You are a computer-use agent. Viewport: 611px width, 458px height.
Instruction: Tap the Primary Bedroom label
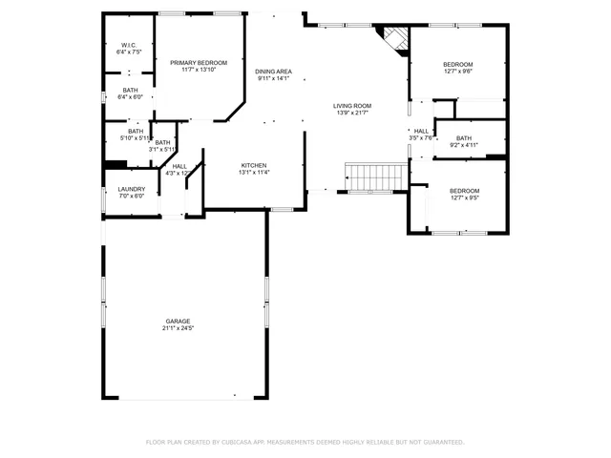(199, 62)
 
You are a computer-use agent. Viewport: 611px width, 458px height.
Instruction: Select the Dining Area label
(273, 72)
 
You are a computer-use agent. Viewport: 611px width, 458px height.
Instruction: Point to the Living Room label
(351, 105)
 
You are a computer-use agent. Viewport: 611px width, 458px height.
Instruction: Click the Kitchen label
(253, 165)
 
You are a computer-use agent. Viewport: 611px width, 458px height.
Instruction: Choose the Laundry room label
(131, 189)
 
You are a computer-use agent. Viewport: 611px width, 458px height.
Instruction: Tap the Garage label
(178, 321)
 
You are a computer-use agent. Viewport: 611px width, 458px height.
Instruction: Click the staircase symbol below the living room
(374, 177)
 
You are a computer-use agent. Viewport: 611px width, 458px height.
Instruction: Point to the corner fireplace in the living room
(392, 39)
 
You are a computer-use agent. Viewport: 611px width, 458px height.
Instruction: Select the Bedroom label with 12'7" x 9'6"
(458, 64)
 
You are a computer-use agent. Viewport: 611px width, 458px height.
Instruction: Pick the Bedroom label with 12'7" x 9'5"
(465, 191)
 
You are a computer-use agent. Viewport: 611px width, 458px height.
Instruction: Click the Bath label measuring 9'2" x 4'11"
(463, 138)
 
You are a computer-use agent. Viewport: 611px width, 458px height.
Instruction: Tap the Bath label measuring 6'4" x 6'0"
(130, 90)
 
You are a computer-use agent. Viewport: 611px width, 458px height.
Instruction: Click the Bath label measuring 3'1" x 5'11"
(163, 142)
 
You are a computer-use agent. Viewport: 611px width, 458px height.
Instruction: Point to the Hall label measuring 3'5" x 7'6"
(421, 131)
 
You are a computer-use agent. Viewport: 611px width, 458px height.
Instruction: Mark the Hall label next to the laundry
(179, 166)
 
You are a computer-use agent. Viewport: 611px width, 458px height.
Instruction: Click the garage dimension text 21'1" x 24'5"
(178, 328)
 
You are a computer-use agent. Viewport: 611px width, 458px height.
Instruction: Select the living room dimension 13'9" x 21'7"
(351, 113)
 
